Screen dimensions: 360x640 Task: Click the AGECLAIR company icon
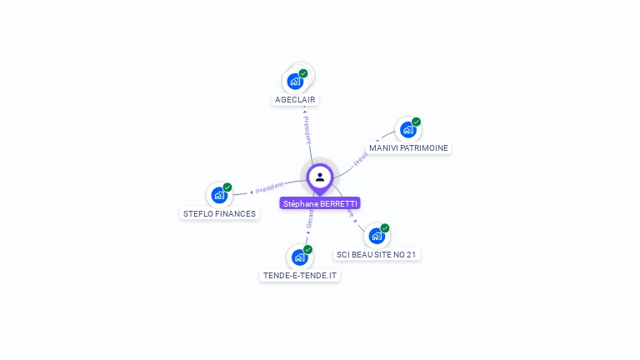[295, 82]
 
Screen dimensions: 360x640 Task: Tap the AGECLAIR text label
[297, 100]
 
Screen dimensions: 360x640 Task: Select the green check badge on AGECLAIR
[303, 73]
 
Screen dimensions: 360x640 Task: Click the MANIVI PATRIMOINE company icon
[407, 130]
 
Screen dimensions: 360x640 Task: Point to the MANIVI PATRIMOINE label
[408, 148]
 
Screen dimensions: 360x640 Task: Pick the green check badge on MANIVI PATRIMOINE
[416, 122]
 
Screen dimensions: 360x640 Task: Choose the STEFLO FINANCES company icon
[218, 195]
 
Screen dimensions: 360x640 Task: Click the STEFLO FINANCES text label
[220, 214]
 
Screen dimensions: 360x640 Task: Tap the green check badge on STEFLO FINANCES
[227, 187]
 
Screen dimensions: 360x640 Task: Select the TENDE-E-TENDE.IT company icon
[299, 257]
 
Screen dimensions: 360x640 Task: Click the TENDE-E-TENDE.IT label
[300, 276]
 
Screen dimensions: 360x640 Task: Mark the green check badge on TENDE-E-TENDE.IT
[307, 249]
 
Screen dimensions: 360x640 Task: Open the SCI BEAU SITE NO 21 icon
[376, 236]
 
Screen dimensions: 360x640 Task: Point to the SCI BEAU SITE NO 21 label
[376, 254]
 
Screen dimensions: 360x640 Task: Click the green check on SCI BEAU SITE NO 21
[384, 227]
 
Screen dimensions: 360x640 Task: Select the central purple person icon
[320, 177]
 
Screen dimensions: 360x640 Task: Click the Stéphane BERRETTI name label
[320, 203]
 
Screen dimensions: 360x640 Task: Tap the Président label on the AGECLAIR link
[307, 128]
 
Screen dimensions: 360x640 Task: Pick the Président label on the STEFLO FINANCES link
[269, 188]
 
